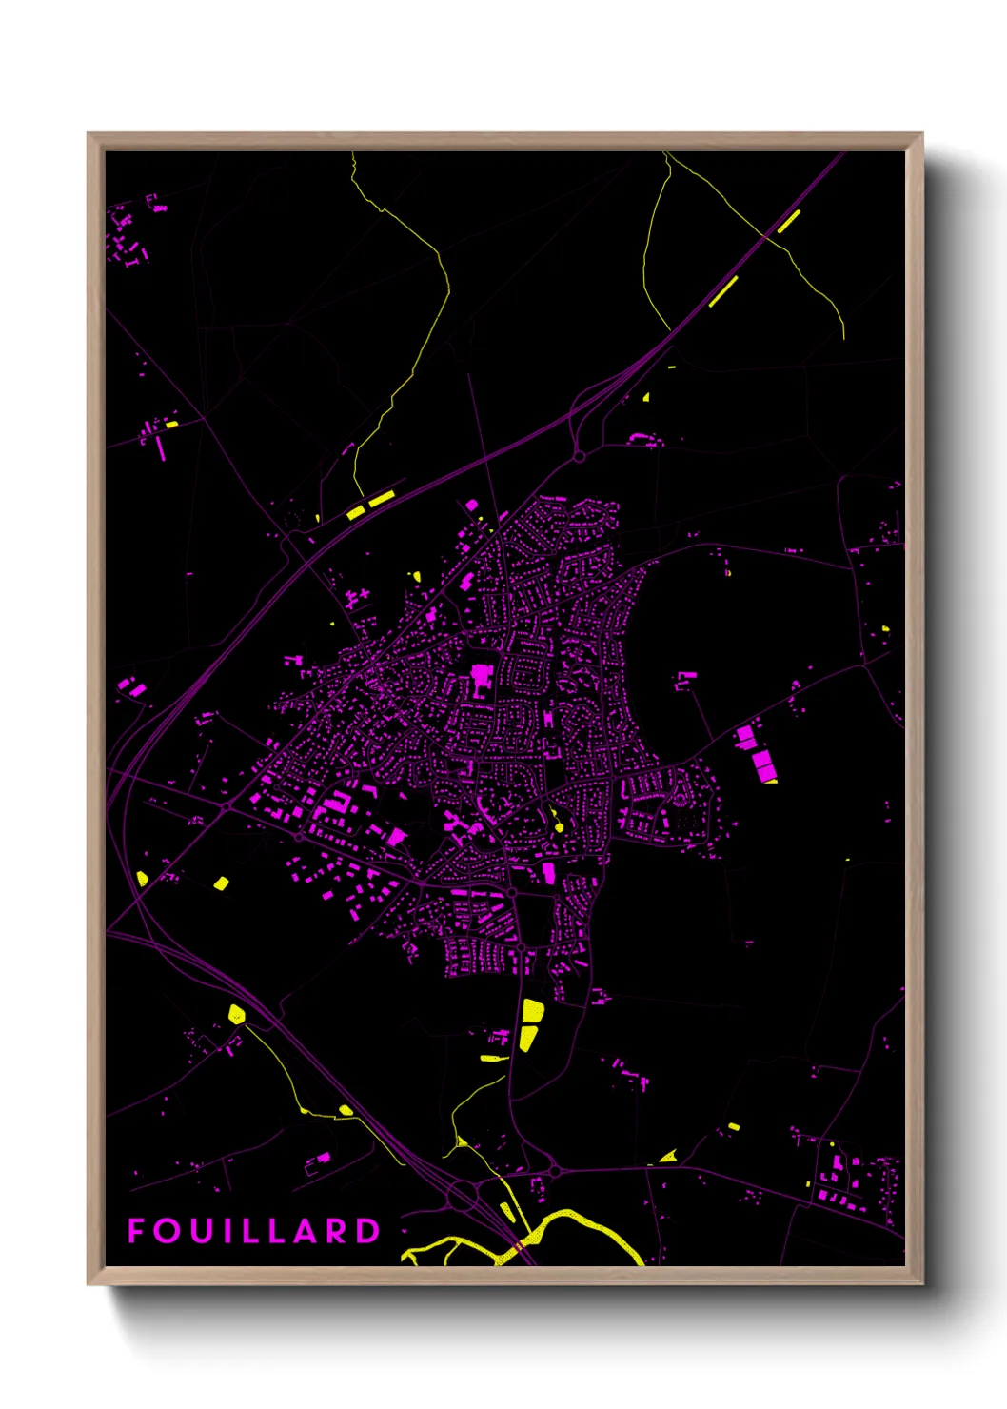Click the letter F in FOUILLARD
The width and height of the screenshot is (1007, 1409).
tap(136, 1231)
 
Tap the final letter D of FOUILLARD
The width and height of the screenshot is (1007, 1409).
tap(368, 1231)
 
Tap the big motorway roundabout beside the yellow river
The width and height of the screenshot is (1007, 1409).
tap(464, 1195)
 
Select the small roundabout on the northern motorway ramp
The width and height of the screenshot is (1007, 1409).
tap(579, 457)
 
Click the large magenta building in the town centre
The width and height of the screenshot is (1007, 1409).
tap(481, 680)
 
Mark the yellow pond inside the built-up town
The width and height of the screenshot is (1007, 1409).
tap(558, 824)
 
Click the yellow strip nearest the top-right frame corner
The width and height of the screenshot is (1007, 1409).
tap(788, 222)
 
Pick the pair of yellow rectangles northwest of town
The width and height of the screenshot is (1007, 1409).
tap(370, 506)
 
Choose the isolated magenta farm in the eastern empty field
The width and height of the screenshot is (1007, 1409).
tap(685, 680)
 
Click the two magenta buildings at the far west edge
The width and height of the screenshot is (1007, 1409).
tap(131, 686)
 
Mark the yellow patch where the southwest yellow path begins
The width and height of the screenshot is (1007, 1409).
tap(237, 1014)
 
